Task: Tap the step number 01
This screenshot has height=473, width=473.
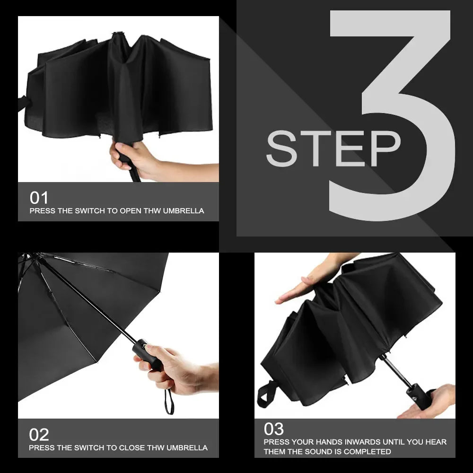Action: point(39,198)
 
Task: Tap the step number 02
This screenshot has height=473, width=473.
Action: point(39,434)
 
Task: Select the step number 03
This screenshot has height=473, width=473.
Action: point(274,429)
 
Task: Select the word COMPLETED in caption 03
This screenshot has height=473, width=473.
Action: point(368,452)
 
